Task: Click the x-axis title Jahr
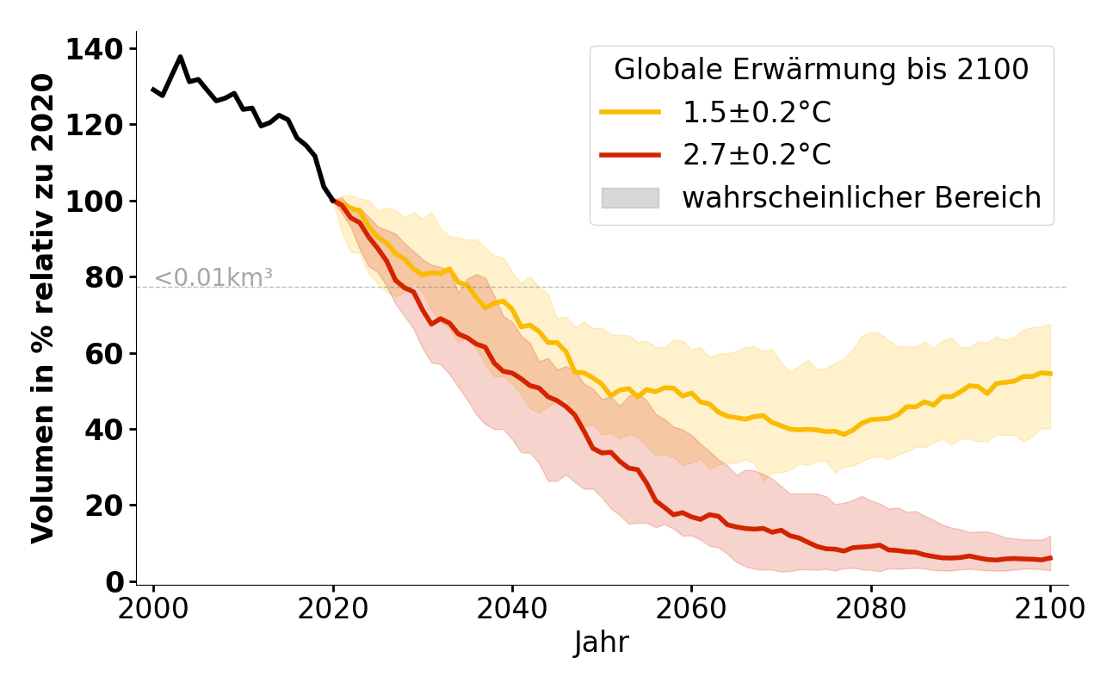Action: coord(602,642)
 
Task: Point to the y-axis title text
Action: coord(43,308)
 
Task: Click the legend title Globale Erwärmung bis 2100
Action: coord(821,70)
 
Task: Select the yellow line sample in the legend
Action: coord(630,112)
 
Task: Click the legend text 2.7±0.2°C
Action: coord(757,155)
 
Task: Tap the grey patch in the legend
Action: coord(630,198)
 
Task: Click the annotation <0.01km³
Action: coord(213,278)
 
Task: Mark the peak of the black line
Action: coord(180,57)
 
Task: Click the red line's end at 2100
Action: coord(1050,558)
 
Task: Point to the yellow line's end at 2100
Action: coord(1050,374)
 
